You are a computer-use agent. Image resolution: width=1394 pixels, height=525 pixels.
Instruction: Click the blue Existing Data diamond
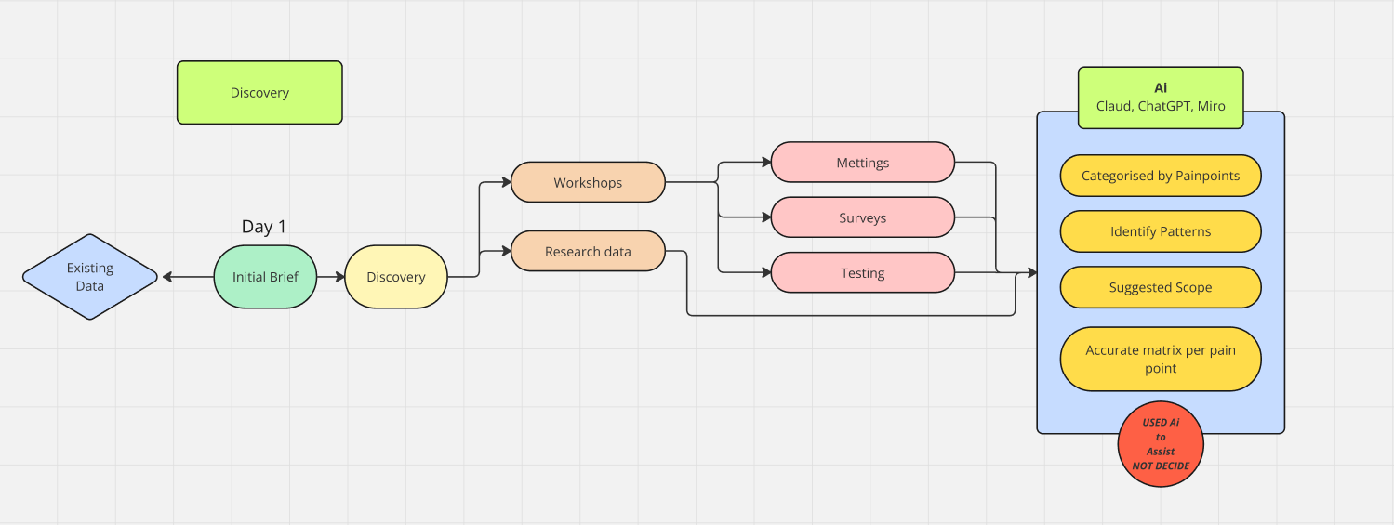tap(90, 277)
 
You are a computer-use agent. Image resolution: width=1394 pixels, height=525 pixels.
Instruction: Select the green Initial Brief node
tap(265, 277)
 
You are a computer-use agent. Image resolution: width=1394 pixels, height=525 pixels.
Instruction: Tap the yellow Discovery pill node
tap(396, 277)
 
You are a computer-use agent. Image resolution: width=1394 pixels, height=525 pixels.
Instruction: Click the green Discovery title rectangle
tap(259, 93)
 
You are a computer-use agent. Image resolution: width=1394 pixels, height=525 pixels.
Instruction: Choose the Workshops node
tap(588, 182)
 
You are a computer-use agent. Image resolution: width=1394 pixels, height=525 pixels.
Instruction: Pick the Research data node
tap(588, 251)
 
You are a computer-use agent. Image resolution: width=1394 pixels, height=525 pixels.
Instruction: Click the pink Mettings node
tap(863, 163)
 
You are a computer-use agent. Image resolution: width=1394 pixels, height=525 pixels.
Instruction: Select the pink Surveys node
tap(863, 217)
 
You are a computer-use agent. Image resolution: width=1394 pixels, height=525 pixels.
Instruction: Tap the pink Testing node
tap(863, 272)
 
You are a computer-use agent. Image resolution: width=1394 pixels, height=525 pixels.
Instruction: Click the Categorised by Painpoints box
tap(1161, 176)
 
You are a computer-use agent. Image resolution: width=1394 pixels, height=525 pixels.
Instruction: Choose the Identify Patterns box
tap(1161, 231)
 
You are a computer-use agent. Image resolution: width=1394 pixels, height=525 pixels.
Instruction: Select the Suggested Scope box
tap(1161, 287)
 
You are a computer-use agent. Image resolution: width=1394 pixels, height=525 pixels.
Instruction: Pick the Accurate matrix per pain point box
tap(1161, 359)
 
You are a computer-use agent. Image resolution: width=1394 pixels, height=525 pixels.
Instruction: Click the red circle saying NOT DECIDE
tap(1161, 444)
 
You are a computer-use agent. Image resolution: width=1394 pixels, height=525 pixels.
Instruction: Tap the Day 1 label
tap(264, 227)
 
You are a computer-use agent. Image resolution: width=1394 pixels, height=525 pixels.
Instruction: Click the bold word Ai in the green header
tap(1161, 87)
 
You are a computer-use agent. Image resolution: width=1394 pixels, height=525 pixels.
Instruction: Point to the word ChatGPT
tap(1163, 106)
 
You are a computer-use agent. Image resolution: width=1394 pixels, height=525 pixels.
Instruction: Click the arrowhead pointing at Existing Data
tap(166, 277)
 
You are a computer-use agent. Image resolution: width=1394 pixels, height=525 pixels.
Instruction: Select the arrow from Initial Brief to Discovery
tap(331, 277)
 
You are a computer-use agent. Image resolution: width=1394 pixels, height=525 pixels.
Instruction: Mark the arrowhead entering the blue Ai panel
tap(1032, 272)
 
